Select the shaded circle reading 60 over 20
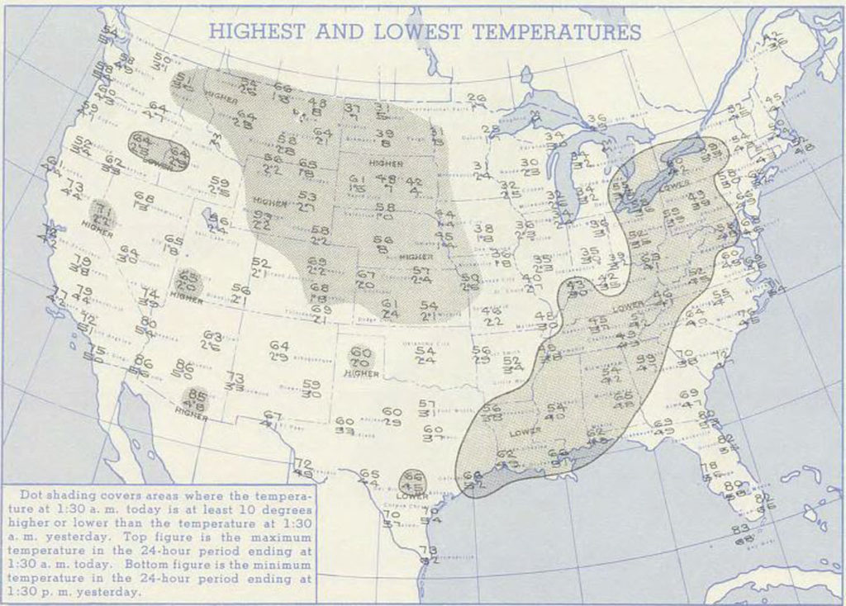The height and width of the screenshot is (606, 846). pos(360,357)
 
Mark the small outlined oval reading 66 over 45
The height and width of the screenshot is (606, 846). pos(413,482)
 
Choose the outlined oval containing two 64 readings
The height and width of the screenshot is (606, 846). pos(159,150)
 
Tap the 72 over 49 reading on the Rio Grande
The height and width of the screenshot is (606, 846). pos(303,468)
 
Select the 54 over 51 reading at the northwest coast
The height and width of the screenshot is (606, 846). pos(108,35)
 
